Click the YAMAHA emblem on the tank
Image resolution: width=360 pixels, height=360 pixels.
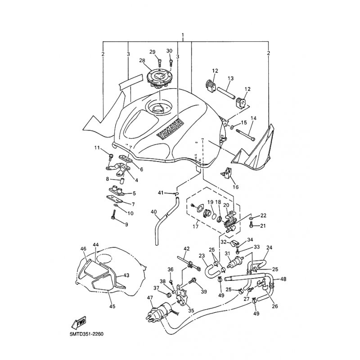coord(171,129)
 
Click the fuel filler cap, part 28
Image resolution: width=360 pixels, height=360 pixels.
coord(158,79)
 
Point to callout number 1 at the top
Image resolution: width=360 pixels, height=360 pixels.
coord(183,35)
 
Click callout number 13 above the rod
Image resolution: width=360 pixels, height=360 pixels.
coord(230,78)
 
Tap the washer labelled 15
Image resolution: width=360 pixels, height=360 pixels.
coord(231,126)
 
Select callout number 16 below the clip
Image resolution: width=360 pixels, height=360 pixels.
coord(236,187)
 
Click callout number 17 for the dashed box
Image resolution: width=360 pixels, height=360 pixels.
coord(196,227)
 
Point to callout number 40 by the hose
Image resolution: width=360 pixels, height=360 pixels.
coord(153,211)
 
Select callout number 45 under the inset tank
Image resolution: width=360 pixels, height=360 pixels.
coord(112,306)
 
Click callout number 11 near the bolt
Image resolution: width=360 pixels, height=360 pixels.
coord(97,148)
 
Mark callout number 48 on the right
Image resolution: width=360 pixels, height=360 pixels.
coord(283,279)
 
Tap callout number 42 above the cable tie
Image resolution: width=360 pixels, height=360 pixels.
coord(187,249)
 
